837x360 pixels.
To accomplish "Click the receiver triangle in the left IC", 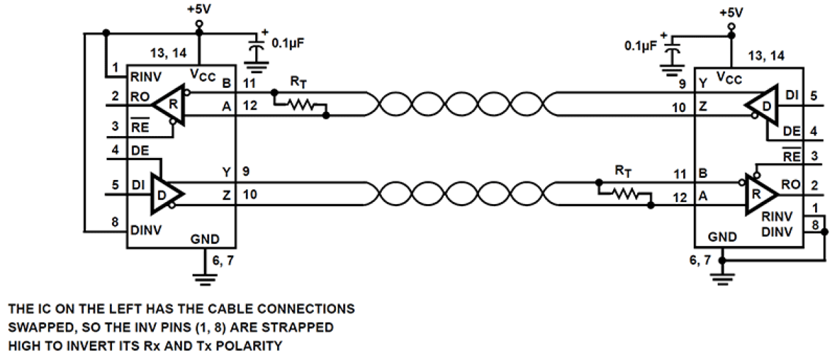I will [x=169, y=103].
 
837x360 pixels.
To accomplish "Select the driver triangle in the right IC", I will [x=760, y=103].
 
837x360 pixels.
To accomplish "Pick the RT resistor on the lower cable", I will [x=626, y=193].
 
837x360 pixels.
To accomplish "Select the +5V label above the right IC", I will [x=731, y=13].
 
